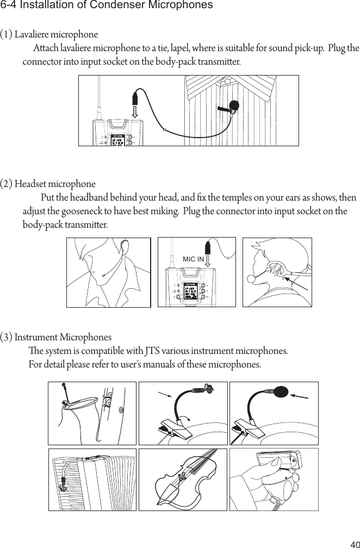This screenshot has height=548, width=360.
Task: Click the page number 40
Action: click(x=353, y=543)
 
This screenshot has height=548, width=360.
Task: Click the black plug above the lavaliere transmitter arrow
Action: click(x=135, y=99)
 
